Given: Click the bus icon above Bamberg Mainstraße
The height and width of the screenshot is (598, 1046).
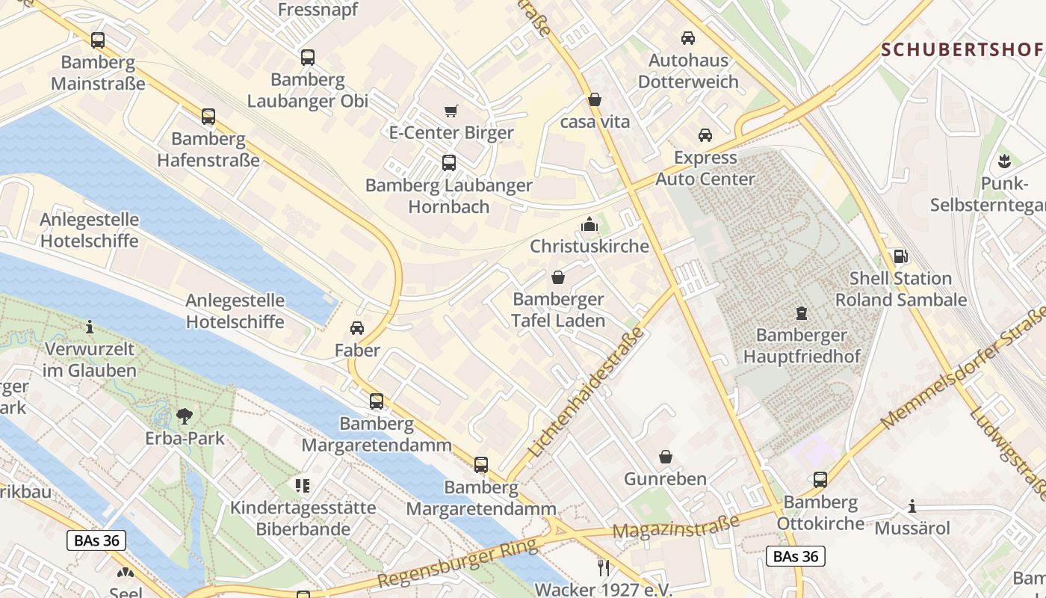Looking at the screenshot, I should point(98,40).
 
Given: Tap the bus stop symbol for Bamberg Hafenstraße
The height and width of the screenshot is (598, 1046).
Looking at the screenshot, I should point(208,117).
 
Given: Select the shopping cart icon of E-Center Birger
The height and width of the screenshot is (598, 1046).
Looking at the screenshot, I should point(451,111).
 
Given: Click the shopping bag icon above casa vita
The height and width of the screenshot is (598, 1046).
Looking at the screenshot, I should point(595,99).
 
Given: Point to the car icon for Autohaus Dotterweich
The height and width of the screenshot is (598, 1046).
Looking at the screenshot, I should point(688,38).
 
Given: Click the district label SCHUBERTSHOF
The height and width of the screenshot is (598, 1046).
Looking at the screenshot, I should point(962,50).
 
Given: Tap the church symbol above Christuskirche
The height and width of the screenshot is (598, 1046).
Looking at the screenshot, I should point(589,224).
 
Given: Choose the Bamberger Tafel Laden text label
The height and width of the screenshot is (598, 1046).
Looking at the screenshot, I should point(558,310).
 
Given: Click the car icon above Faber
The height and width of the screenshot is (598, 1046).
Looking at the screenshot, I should point(357,328).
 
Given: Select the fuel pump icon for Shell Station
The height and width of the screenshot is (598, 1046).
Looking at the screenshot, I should point(901,256).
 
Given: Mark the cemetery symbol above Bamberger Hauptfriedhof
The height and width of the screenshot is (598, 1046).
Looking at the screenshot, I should point(802,312).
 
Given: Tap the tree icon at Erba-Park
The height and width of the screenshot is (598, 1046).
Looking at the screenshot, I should point(185,416).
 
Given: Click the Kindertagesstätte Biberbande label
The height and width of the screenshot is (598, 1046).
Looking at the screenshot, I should point(303,518).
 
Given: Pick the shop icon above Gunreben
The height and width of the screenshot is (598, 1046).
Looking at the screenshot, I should point(666,457).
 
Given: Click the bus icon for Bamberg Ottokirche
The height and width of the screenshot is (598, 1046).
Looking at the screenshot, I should point(820,480).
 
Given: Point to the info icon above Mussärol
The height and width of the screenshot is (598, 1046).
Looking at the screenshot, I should point(912,507).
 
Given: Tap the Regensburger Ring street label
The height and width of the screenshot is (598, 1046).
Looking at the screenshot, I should point(457,564).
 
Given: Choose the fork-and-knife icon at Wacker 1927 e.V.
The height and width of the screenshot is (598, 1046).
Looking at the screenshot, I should point(604,568).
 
